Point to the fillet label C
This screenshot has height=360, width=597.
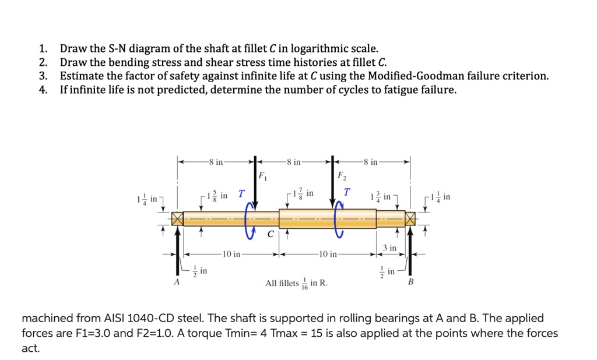click(x=270, y=235)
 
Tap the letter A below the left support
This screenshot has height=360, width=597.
click(x=175, y=283)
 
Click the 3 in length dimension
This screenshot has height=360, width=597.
click(x=389, y=248)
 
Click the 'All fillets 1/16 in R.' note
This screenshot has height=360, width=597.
click(x=296, y=284)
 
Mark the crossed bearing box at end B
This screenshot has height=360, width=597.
click(x=412, y=219)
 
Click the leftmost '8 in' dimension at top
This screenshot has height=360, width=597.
click(x=215, y=161)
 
